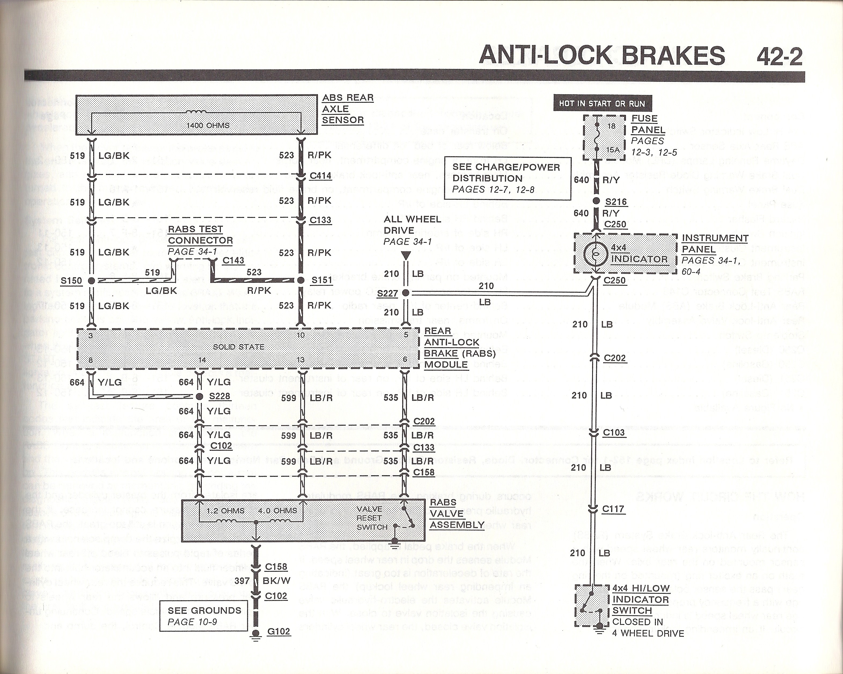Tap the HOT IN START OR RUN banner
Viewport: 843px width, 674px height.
tap(602, 104)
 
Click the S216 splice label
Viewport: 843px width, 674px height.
tap(616, 202)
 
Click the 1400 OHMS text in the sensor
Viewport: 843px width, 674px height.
tap(208, 126)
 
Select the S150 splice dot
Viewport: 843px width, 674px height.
tap(91, 280)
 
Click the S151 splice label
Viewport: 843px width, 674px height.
tap(321, 280)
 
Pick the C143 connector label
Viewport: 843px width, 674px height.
tap(233, 260)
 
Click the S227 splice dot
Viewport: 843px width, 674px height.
tap(405, 293)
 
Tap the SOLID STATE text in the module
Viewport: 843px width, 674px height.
tap(239, 347)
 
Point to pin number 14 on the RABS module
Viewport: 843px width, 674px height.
tap(202, 360)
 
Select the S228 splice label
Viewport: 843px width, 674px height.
tap(220, 396)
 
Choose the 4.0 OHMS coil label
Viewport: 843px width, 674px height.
tap(277, 511)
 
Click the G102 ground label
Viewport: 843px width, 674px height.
tap(278, 631)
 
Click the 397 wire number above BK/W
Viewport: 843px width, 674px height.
tap(242, 581)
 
